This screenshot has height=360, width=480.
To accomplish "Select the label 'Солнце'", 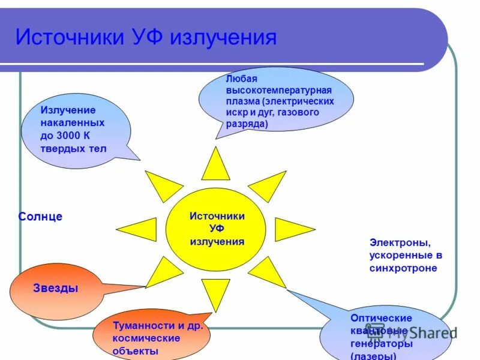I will coord(40,217).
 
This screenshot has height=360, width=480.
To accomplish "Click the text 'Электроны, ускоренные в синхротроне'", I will coord(406,256).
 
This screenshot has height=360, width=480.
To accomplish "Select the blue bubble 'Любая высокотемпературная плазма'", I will coord(275,100).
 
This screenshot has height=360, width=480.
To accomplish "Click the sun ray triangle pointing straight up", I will coord(215,166).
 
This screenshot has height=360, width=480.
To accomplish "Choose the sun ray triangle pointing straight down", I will coord(215,294).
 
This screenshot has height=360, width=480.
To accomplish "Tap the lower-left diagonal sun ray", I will coord(164,273).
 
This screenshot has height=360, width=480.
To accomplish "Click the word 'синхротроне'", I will coord(403,268).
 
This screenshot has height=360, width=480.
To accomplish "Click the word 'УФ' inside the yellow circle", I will coord(217,229).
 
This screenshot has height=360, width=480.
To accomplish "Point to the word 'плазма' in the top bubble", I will coord(242,101).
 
